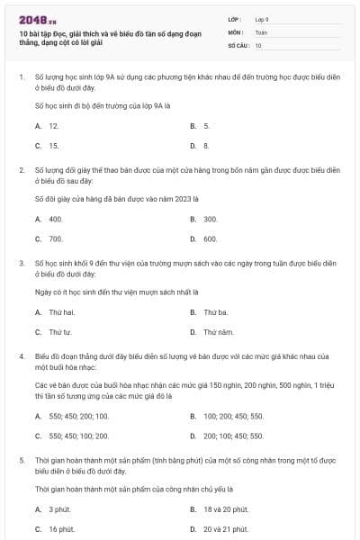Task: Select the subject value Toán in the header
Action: pyautogui.click(x=261, y=31)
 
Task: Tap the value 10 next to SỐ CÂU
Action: pyautogui.click(x=258, y=45)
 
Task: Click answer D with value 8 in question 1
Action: pyautogui.click(x=206, y=145)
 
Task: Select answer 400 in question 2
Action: pyautogui.click(x=56, y=219)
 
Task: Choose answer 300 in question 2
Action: pyautogui.click(x=211, y=219)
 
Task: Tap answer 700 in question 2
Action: pyautogui.click(x=56, y=238)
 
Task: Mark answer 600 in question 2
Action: pyautogui.click(x=211, y=238)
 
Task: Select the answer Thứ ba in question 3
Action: pyautogui.click(x=215, y=312)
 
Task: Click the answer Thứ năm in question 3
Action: pyautogui.click(x=218, y=332)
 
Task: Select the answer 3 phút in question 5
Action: pyautogui.click(x=59, y=509)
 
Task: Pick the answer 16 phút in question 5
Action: pyautogui.click(x=61, y=529)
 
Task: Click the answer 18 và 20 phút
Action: pyautogui.click(x=226, y=509)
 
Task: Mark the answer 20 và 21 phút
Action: pyautogui.click(x=226, y=529)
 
